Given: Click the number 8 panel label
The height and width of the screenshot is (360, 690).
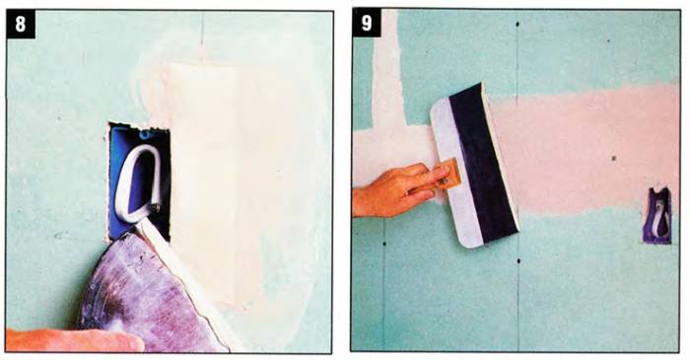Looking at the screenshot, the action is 21,24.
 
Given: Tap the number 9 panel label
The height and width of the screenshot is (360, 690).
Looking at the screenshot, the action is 367,23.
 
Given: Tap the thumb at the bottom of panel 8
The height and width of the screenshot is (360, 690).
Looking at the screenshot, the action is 75,339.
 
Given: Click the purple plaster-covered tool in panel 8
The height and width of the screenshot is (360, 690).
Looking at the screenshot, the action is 150,295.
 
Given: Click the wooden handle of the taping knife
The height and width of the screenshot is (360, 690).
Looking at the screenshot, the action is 448,175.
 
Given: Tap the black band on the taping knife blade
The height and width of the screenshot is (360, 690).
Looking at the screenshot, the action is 482,163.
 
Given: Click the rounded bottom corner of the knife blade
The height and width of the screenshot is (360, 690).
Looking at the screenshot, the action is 467,243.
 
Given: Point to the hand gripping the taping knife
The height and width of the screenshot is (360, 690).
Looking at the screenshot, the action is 396,190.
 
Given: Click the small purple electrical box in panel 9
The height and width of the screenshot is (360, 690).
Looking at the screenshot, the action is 657,216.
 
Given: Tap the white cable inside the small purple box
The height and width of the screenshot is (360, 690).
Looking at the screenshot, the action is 658,217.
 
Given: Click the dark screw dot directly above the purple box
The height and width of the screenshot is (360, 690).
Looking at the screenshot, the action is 614,158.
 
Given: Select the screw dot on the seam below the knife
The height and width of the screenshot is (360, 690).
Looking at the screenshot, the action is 518,261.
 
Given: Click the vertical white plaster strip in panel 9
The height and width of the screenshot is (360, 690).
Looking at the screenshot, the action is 387,66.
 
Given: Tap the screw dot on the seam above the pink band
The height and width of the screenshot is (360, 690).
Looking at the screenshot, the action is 517,24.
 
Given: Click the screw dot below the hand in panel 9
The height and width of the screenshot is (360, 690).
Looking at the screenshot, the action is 384,244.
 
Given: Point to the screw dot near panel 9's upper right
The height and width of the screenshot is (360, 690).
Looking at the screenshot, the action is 608,41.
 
